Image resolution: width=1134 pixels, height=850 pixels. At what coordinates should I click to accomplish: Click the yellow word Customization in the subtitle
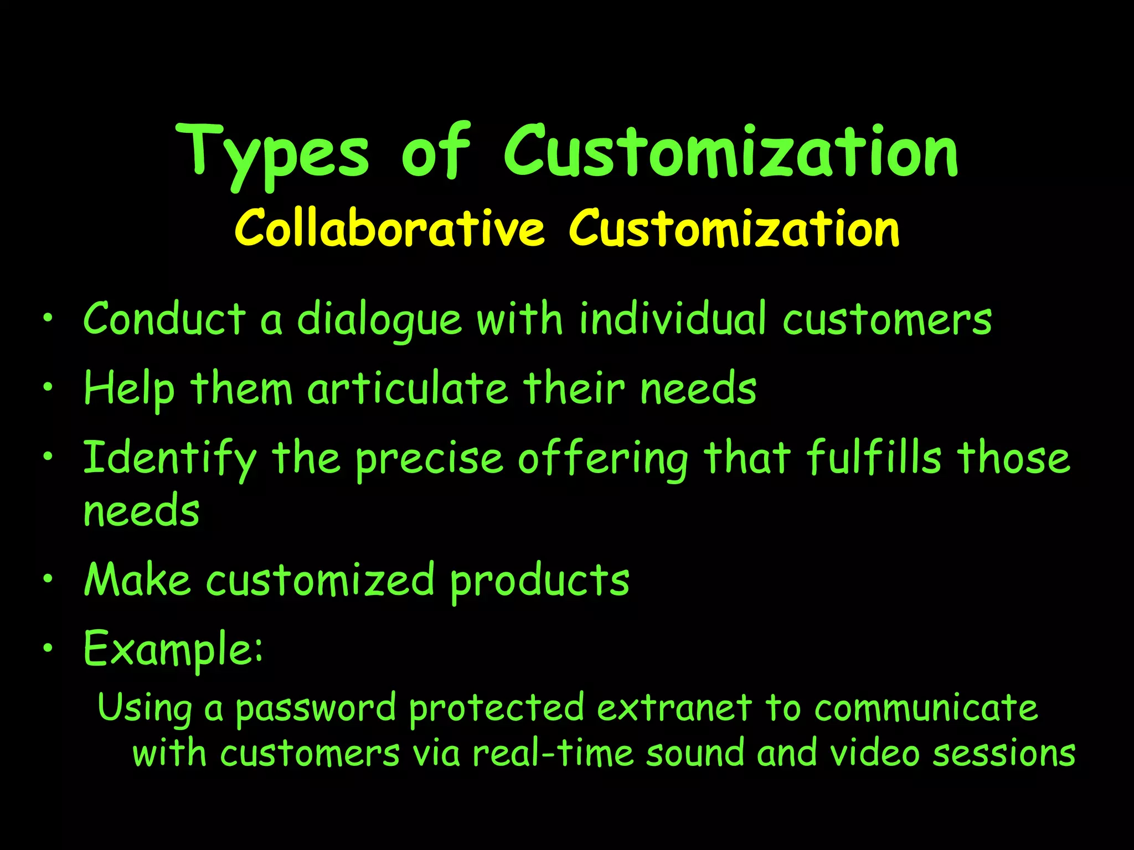click(x=734, y=228)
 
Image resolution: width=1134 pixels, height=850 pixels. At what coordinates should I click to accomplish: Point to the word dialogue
click(x=379, y=320)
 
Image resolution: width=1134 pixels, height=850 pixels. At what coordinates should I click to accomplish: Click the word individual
click(x=673, y=319)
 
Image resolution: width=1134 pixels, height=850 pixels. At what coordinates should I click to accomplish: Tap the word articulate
click(x=408, y=388)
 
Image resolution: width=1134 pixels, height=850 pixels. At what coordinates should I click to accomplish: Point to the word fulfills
click(x=874, y=458)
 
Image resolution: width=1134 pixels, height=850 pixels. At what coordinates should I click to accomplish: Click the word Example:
click(x=173, y=649)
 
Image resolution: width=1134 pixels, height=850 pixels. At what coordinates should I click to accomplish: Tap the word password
click(x=316, y=708)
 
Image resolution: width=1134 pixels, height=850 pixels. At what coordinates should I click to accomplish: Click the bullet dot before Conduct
click(x=49, y=318)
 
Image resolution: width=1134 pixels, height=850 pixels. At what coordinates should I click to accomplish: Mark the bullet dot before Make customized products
click(x=49, y=579)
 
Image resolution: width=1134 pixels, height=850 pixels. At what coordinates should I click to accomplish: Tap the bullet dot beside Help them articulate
click(x=49, y=387)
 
